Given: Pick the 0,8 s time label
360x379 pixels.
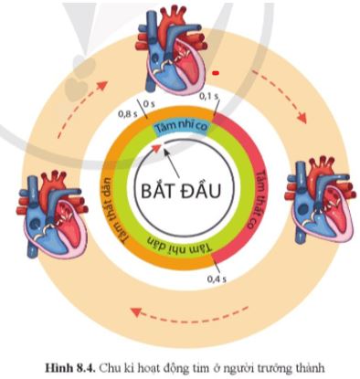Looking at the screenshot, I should pos(130,114).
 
